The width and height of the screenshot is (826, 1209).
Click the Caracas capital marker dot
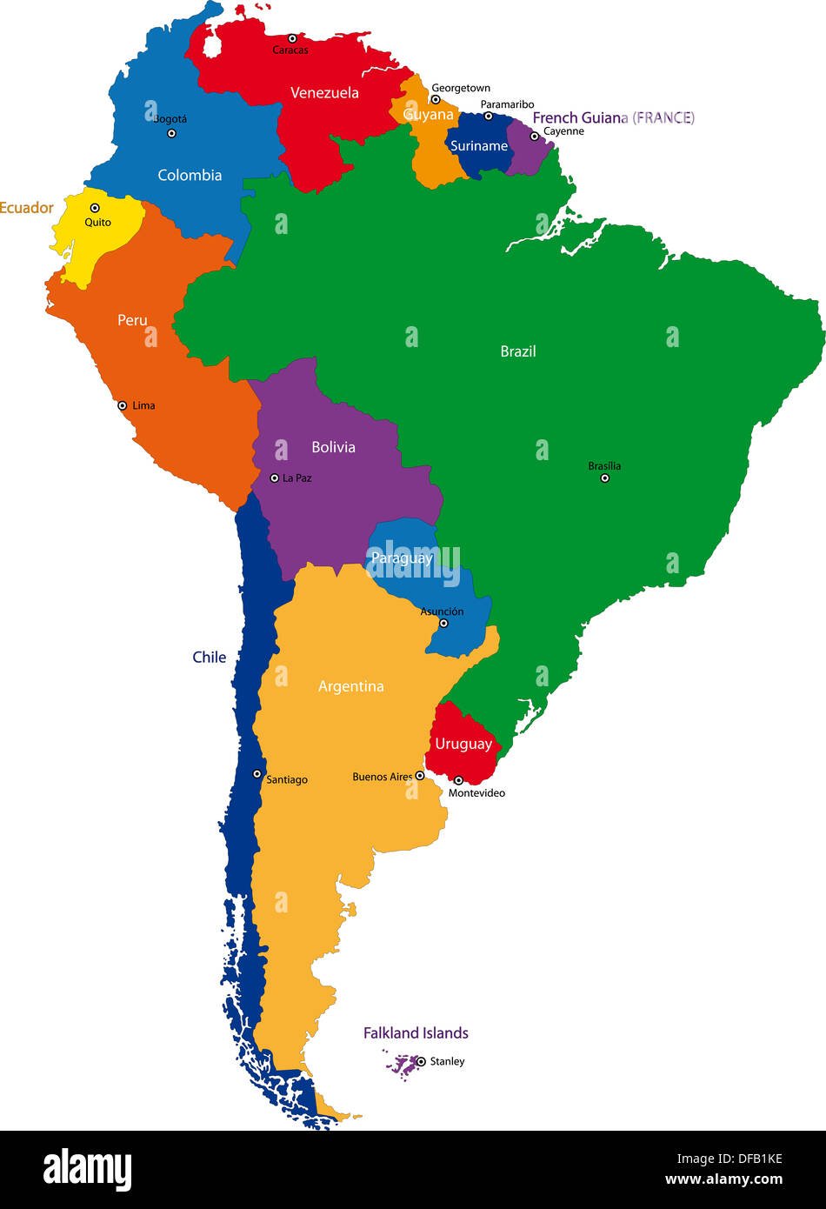click(292, 38)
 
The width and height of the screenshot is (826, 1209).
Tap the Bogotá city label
click(170, 119)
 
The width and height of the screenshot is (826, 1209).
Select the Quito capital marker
click(95, 208)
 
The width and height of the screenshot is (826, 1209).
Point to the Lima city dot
click(123, 405)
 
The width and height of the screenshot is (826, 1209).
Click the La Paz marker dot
click(275, 478)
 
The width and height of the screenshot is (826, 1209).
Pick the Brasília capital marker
click(605, 478)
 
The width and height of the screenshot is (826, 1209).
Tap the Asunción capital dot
click(443, 623)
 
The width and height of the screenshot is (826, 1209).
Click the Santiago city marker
click(257, 773)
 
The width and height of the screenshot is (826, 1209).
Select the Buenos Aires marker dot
click(420, 776)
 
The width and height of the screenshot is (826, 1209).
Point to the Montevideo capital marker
click(458, 780)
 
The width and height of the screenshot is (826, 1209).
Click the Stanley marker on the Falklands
click(421, 1061)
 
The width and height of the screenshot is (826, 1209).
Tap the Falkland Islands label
click(416, 1033)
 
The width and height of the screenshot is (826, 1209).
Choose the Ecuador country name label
click(26, 208)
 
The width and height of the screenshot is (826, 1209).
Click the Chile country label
click(210, 658)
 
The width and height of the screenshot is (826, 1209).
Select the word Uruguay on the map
click(463, 744)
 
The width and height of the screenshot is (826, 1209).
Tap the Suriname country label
click(479, 146)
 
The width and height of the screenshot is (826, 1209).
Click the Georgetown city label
click(461, 88)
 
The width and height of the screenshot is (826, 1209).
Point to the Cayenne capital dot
click(535, 136)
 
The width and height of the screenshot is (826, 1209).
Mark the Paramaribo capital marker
click(488, 116)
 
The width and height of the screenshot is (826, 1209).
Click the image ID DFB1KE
click(754, 1159)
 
